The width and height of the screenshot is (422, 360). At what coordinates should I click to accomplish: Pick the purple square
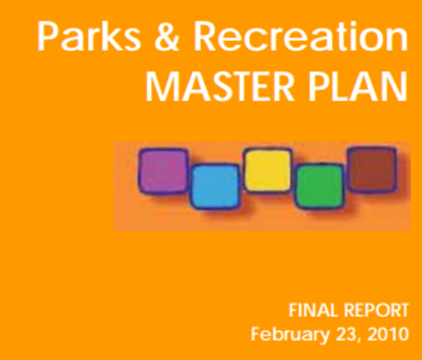tap(163, 171)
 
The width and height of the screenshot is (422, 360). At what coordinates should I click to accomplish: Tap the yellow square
tap(267, 170)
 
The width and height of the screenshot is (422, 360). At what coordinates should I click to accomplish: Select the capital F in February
tap(256, 332)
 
